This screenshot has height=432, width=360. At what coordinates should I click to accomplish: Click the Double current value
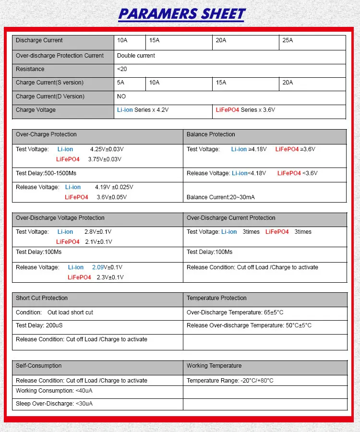136,56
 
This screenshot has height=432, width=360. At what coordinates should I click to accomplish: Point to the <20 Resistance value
122,69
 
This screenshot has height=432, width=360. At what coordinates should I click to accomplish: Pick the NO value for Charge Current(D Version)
121,96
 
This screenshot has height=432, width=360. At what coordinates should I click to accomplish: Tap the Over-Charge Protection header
46,134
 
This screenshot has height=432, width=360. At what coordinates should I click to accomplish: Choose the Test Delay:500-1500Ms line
46,173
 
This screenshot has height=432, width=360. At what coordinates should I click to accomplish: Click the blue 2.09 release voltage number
98,267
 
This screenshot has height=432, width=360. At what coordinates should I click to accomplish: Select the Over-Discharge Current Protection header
231,218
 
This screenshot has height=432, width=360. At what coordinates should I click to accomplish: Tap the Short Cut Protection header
42,298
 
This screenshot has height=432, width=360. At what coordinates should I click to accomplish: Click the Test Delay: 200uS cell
40,325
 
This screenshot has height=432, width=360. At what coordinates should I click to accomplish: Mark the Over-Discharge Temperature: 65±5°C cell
235,312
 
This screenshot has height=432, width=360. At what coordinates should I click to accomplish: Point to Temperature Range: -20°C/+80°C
230,381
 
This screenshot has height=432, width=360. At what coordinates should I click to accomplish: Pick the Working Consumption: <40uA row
54,391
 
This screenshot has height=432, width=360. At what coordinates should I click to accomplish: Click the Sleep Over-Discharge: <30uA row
54,404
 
